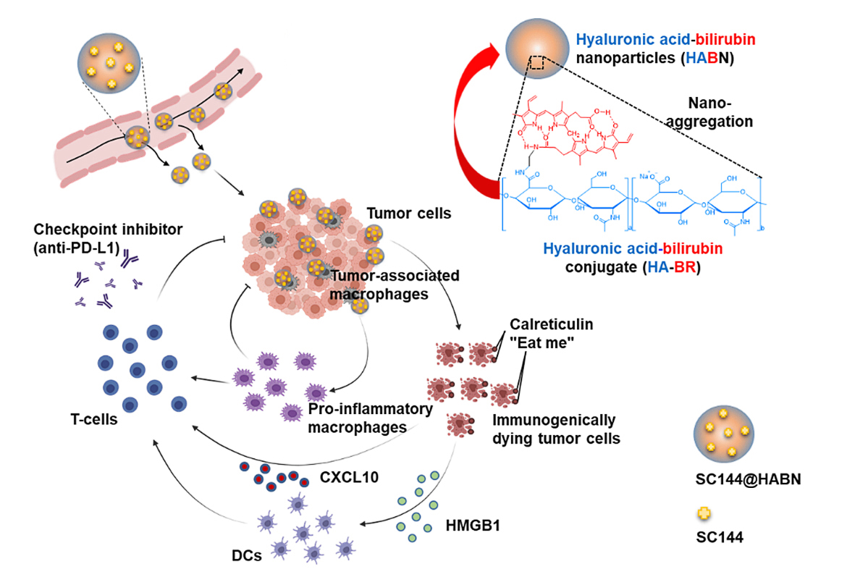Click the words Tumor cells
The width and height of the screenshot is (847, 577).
[408, 214]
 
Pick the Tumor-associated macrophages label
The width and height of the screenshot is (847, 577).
[395, 284]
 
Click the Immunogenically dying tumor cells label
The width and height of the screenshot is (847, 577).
[554, 429]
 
